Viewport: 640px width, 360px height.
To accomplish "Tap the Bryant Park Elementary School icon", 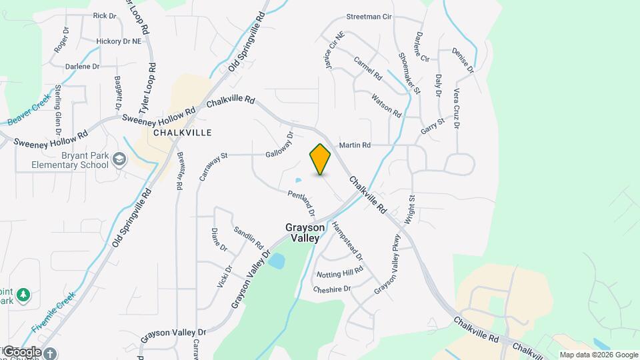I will [x=119, y=159].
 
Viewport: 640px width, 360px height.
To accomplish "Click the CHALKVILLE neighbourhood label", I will [x=182, y=133].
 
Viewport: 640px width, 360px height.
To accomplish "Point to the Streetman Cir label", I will [x=369, y=17].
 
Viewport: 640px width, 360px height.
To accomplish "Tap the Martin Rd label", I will [x=355, y=145].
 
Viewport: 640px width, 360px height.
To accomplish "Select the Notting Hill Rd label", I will [x=340, y=272].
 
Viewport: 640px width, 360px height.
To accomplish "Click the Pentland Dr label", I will [x=301, y=204].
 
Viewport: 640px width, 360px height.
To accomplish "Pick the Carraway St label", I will [x=213, y=167].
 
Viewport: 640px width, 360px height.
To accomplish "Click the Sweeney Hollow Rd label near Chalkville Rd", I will [x=158, y=114].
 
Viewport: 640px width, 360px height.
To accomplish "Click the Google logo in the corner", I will [x=21, y=352].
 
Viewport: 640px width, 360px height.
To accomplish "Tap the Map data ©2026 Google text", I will [x=599, y=355].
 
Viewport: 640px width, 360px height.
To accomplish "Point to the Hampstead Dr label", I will [x=347, y=241].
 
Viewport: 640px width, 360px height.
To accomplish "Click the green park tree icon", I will [x=24, y=294].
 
